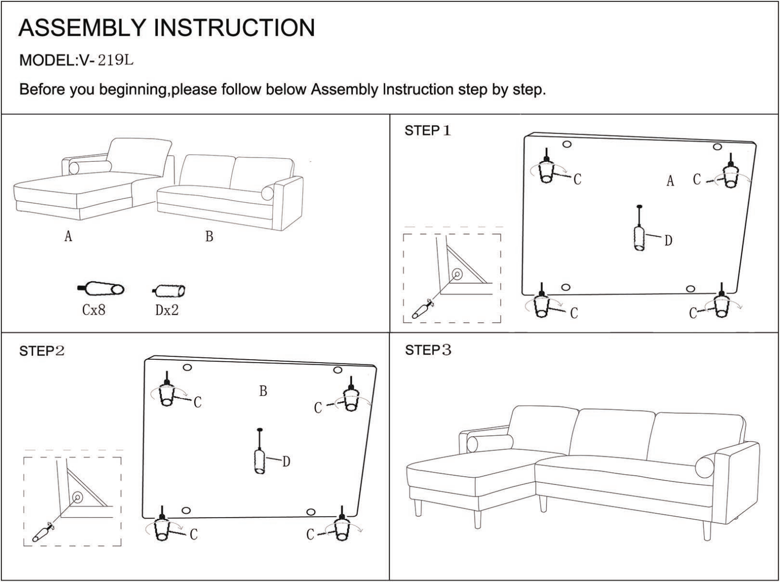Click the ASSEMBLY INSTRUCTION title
(167, 27)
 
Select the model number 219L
(116, 60)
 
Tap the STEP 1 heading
(428, 131)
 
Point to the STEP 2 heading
(42, 350)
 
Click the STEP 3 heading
(428, 350)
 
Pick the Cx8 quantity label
(94, 310)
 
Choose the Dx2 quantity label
(167, 310)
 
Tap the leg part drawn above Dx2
(169, 291)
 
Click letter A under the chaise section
(68, 236)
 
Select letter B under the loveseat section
(209, 236)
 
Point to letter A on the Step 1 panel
(670, 180)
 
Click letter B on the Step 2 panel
(263, 391)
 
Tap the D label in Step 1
(668, 240)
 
